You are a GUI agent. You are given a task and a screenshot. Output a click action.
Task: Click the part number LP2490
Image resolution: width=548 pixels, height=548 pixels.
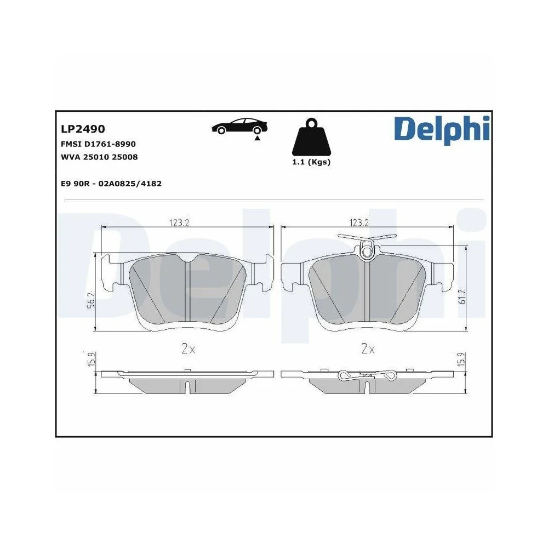click(x=83, y=129)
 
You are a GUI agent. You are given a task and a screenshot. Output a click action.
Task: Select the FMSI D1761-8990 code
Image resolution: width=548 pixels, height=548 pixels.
click(x=98, y=144)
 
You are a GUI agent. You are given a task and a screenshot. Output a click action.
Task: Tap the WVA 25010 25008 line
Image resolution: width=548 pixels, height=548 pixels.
click(x=99, y=157)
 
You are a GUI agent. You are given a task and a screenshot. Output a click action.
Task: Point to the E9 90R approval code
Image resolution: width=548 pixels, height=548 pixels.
click(x=111, y=184)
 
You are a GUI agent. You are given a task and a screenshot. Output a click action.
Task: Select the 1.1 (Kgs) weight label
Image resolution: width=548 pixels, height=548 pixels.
click(x=311, y=162)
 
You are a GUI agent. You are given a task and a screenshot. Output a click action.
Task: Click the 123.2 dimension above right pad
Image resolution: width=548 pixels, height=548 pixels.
click(x=359, y=222)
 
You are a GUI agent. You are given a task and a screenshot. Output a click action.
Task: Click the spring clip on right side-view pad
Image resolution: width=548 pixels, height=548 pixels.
click(x=367, y=375)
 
